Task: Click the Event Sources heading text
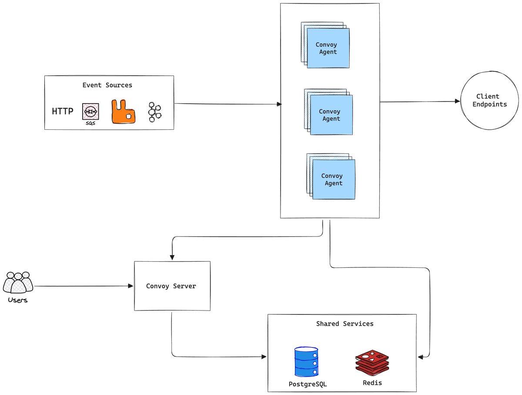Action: click(107, 85)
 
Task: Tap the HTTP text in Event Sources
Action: click(63, 111)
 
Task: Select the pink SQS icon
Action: click(90, 112)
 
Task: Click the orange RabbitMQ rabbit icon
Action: click(123, 112)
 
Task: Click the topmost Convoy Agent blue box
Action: click(328, 48)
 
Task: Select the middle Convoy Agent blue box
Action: click(331, 115)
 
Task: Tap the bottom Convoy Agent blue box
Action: click(334, 179)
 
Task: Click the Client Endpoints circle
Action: click(490, 100)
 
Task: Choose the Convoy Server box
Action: click(172, 286)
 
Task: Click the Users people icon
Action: click(18, 283)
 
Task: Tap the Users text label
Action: click(18, 300)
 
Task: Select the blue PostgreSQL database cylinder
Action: click(306, 362)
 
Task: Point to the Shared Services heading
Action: click(345, 324)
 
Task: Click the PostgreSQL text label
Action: click(308, 384)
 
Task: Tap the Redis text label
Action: click(372, 383)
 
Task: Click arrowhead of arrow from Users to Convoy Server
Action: click(131, 286)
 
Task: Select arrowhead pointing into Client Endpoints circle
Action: click(458, 101)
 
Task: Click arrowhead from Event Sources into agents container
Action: click(279, 104)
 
